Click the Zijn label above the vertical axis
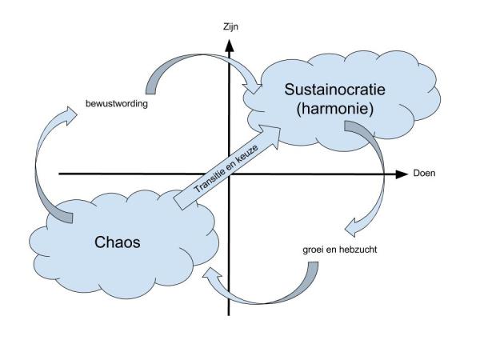point(231,26)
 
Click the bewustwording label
point(118,105)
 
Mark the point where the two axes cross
point(231,174)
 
